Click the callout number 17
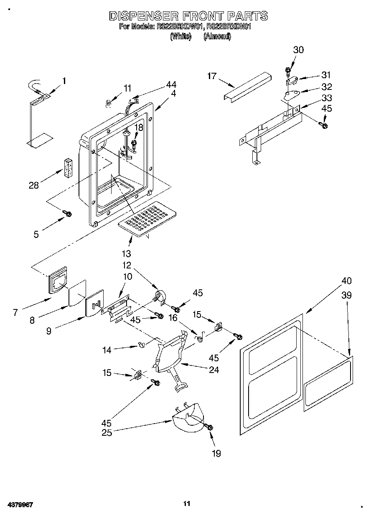[x=212, y=76]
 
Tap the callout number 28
[x=33, y=185]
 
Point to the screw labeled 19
[x=209, y=427]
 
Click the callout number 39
[x=346, y=296]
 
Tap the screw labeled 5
[x=67, y=214]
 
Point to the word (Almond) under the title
[x=217, y=36]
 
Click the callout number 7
[x=15, y=312]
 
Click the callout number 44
[x=171, y=84]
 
